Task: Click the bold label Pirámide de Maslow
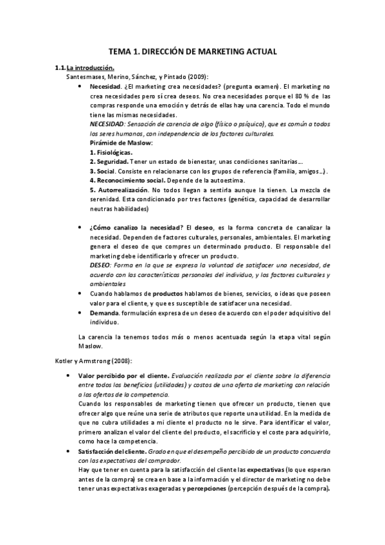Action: (x=121, y=142)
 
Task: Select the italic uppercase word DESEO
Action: (x=101, y=265)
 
